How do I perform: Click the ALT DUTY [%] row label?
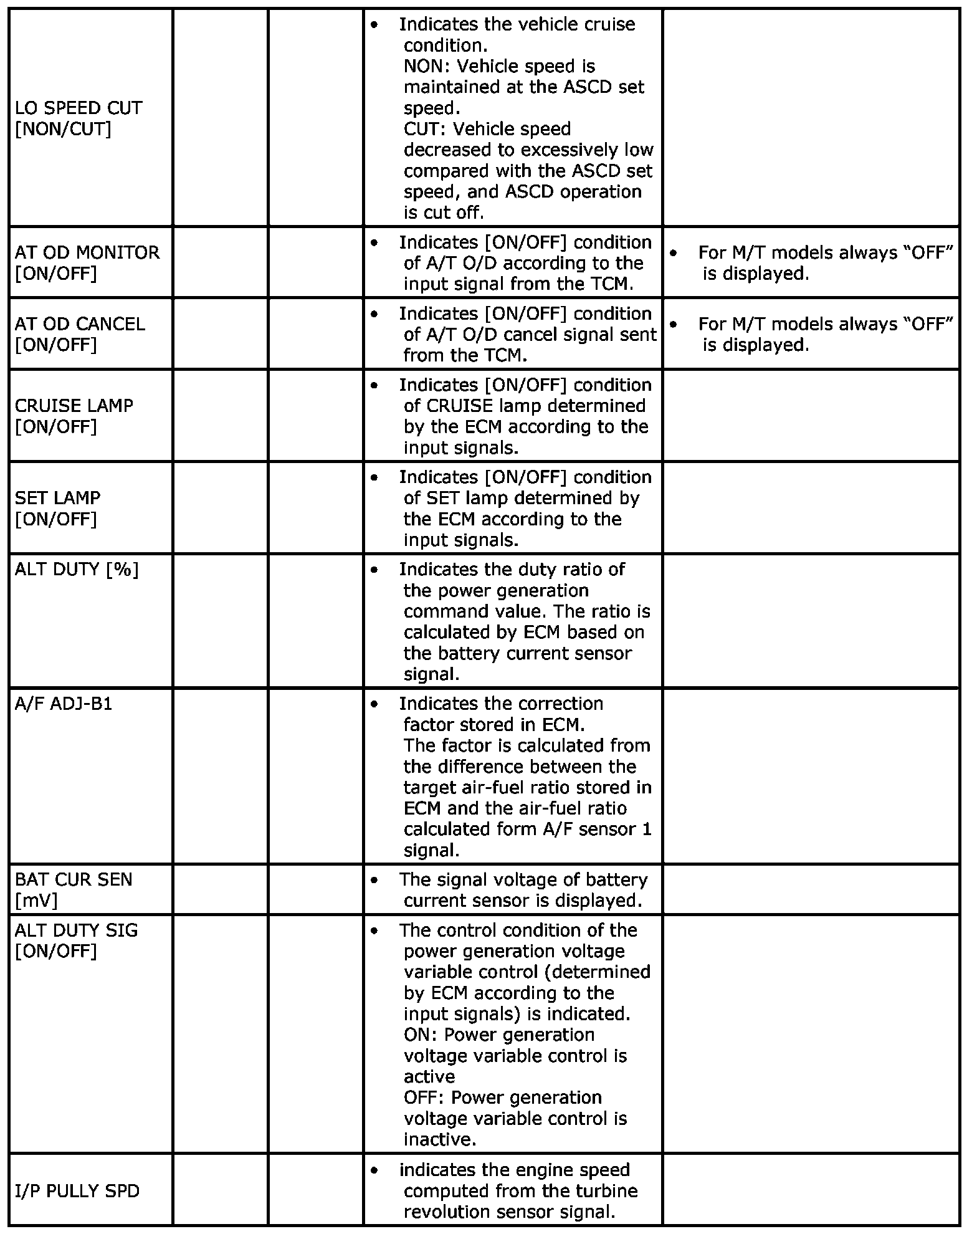[x=77, y=570]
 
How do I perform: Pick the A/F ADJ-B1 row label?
[x=64, y=704]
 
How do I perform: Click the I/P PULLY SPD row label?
[x=77, y=1191]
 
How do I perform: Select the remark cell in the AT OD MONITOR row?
[x=811, y=262]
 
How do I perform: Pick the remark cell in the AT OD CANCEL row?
[x=811, y=334]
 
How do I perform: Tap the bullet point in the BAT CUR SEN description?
[x=374, y=880]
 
